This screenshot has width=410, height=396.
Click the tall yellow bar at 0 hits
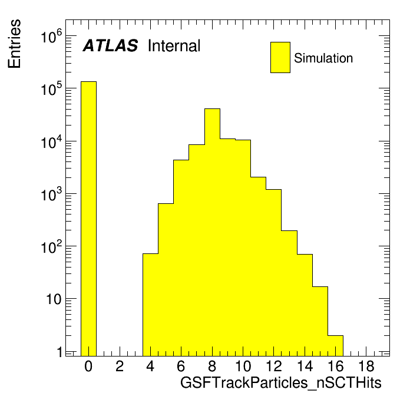[x=88, y=219]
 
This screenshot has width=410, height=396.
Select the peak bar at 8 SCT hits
[x=212, y=232]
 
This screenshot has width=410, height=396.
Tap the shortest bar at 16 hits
[x=335, y=346]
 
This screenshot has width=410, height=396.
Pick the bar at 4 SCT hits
[x=151, y=305]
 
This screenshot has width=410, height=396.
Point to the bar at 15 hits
[x=320, y=322]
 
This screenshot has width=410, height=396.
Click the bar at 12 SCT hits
[x=274, y=272]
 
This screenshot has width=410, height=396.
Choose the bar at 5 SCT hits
[x=166, y=279]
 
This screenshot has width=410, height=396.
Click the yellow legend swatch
[x=280, y=57]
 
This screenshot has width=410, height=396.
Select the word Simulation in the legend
[x=323, y=58]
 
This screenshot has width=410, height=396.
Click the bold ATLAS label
[x=110, y=45]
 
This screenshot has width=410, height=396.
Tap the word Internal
[x=174, y=46]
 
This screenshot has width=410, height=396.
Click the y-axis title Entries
[x=14, y=44]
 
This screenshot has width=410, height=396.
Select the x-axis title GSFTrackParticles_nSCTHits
[x=281, y=383]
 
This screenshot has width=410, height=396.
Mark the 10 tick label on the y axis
[x=54, y=299]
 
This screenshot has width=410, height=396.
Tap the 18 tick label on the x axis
[x=366, y=366]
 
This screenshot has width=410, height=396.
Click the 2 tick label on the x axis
[x=120, y=366]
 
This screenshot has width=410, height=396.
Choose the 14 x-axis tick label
[x=305, y=366]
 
